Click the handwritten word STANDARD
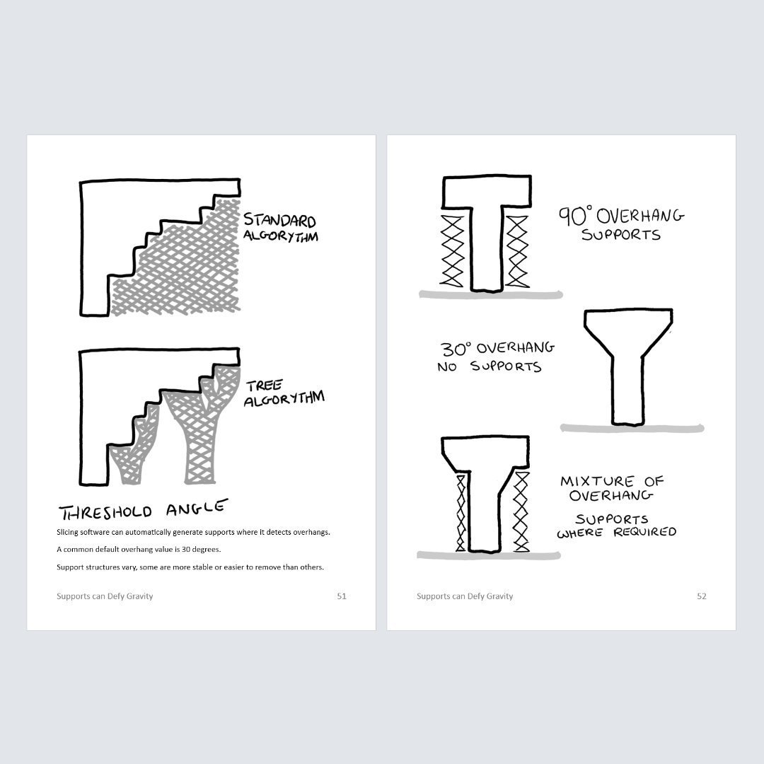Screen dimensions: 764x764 (279, 220)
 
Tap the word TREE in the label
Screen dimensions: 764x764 (264, 386)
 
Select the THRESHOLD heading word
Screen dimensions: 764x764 (105, 512)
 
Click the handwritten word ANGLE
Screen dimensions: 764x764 (197, 507)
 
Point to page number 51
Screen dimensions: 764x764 (342, 596)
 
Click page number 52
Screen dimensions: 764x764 (702, 596)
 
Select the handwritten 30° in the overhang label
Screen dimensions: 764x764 (456, 349)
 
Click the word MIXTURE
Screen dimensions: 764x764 (597, 482)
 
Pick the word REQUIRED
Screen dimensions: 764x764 (645, 531)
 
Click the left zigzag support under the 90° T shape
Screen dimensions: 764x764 (451, 251)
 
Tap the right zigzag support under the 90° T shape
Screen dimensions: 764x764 (517, 251)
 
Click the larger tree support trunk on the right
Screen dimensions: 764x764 (201, 439)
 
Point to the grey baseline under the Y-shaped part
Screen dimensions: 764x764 (632, 428)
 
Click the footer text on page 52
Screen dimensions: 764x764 (465, 596)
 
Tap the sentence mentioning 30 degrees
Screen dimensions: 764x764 (139, 550)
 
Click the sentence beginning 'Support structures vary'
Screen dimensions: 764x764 (190, 567)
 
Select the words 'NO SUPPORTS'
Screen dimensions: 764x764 (490, 366)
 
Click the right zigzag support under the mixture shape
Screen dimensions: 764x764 (521, 511)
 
